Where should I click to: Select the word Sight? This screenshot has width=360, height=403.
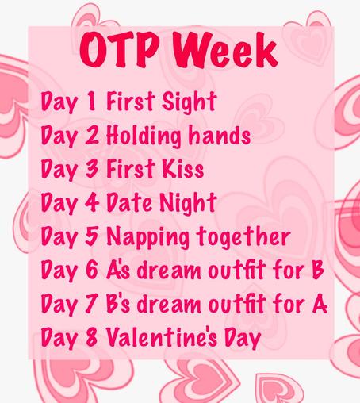pos(190,103)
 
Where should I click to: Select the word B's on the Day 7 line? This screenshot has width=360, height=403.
pos(119,305)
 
